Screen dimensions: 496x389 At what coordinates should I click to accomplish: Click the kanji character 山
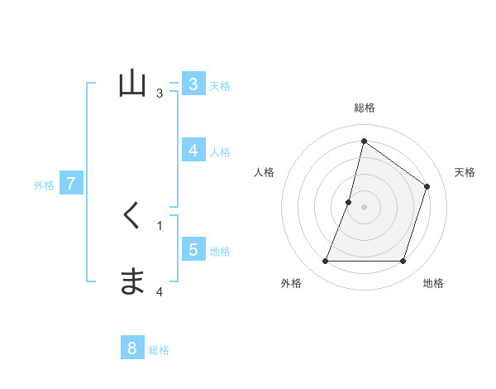133,85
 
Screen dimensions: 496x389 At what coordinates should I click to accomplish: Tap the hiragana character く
132,216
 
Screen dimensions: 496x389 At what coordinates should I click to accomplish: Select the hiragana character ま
133,281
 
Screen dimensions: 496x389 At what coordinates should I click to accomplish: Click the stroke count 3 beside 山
160,93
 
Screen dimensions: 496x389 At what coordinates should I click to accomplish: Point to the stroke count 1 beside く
160,225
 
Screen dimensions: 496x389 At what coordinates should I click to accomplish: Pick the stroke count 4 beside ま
160,291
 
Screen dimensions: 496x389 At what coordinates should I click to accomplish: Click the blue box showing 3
193,84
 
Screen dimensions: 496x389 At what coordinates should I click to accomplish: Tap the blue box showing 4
193,151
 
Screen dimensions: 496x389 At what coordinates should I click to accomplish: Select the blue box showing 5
193,250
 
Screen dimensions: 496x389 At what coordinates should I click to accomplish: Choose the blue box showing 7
71,184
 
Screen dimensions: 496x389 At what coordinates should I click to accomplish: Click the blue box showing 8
132,348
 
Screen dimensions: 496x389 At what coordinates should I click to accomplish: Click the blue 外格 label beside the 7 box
44,185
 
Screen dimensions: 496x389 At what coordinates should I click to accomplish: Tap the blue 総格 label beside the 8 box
159,350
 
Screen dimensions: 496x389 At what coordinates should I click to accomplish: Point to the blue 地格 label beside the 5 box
220,252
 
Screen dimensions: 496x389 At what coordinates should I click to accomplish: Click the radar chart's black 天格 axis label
465,172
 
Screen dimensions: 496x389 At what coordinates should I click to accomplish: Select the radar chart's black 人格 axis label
264,172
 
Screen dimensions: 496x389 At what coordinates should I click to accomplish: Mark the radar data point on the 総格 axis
364,142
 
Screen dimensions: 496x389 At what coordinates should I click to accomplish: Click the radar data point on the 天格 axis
427,186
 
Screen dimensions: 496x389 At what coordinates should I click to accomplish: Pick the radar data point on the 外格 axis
325,262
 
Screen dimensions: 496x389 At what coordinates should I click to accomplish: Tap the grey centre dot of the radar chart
364,207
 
